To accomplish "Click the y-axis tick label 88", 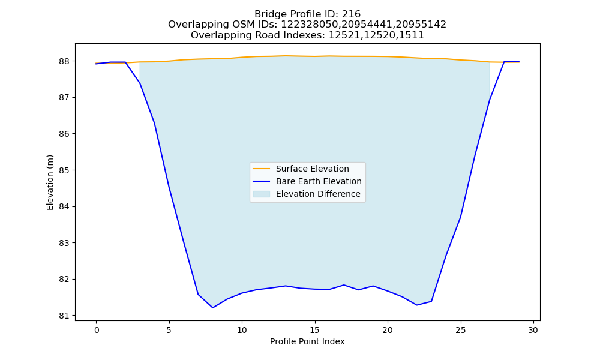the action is coord(64,61).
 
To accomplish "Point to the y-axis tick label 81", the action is coord(64,316).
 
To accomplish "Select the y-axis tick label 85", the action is coord(64,170).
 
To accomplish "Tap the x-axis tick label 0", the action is coord(97,330).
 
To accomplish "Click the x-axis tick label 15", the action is coord(315,330).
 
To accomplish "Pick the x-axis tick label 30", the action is coord(533,330).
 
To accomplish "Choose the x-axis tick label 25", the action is coord(461,330).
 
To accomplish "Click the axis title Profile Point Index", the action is coord(307,341).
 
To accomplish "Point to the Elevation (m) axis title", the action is coord(50,182).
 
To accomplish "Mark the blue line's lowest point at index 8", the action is coord(213,308).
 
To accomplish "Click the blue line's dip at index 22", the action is coord(417,305).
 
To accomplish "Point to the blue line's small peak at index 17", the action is coord(344,285).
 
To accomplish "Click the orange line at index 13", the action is coord(286,56).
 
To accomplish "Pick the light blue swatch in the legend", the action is coord(262,194).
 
